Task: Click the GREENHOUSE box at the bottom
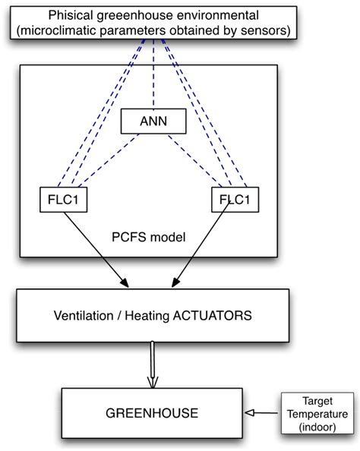click(153, 413)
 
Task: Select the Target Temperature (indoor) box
click(314, 414)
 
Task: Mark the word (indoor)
click(314, 426)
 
